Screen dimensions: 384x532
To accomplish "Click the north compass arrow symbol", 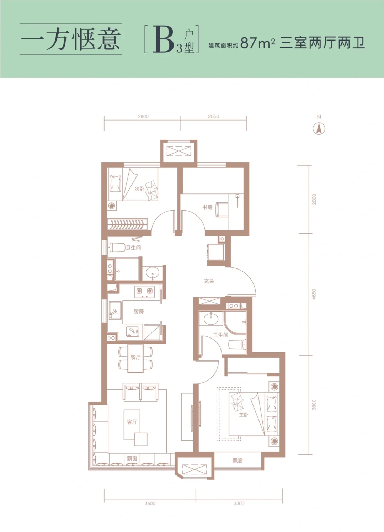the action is pos(319,129).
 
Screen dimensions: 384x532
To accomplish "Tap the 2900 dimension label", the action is pos(143,117).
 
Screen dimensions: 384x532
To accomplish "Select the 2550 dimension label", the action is pos(213,117).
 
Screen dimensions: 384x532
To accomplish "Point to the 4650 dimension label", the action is pos(314,294).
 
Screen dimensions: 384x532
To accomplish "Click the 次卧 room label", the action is pos(139,189).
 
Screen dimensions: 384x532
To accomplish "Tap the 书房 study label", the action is pos(207,207).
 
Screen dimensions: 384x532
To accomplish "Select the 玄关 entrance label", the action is pos(209,281).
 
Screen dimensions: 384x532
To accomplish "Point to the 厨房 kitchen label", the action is pos(138,312).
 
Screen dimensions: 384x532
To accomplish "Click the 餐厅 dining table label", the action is pos(135,357).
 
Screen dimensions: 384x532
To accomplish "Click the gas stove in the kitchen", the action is pos(145,292).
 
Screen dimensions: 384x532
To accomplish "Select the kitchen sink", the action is pos(115,310).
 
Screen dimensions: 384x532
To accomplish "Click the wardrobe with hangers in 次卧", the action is pos(127,224).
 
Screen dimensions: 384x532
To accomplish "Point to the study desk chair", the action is pos(222,209).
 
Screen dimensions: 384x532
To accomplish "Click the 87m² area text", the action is pos(258,43).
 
